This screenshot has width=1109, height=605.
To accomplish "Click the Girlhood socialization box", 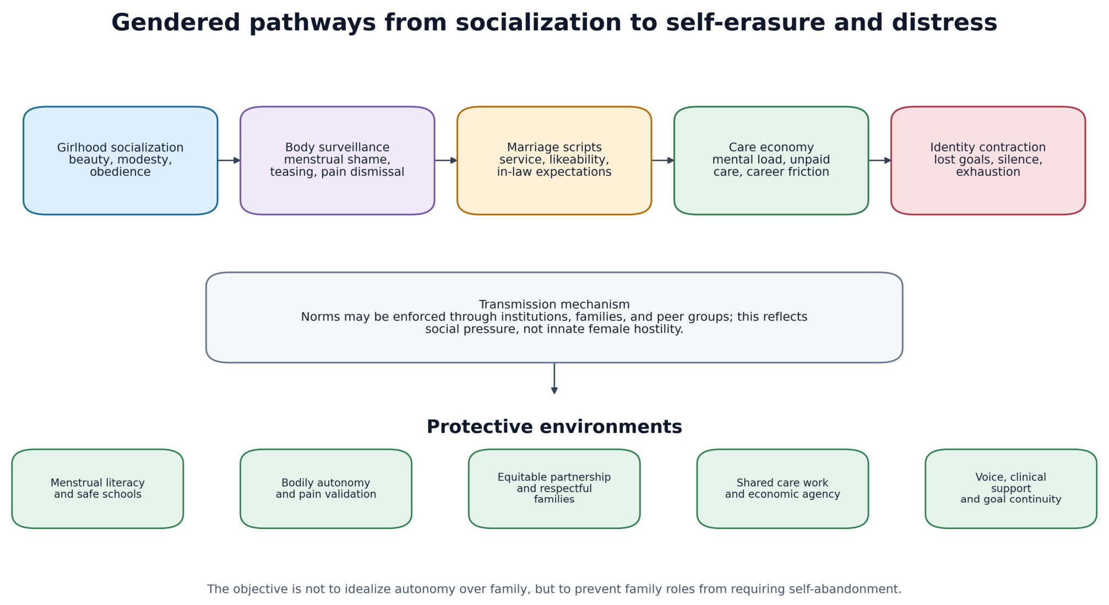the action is point(120,160).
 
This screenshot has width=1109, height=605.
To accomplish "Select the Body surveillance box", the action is point(337,160).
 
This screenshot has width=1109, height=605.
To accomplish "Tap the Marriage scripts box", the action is point(554,160).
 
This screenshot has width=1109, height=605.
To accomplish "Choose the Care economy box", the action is point(771,160).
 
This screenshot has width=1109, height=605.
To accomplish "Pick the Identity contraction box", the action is point(988,160).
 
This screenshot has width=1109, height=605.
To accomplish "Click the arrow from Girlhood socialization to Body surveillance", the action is point(229,160).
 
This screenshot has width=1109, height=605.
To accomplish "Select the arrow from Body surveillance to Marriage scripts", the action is point(446,160).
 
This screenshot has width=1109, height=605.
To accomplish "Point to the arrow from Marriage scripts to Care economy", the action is point(663,160).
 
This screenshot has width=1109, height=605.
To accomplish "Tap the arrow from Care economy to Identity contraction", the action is point(880,160).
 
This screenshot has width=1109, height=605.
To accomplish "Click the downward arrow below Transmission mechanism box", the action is point(554,378).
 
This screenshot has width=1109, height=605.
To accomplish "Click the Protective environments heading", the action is point(554,427).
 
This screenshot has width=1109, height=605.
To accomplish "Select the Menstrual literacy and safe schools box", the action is point(97,488).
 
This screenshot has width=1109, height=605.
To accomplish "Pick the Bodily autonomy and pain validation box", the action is point(326,488).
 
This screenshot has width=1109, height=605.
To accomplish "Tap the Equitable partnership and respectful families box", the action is point(554,488).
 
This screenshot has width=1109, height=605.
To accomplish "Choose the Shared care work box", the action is point(782,488).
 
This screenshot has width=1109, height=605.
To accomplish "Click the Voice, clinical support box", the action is point(1011,488).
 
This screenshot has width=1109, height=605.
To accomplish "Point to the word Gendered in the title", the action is point(176,23).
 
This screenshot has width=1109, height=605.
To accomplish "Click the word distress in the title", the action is point(944,23).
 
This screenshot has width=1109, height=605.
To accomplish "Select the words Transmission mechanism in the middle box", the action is point(554,304).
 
